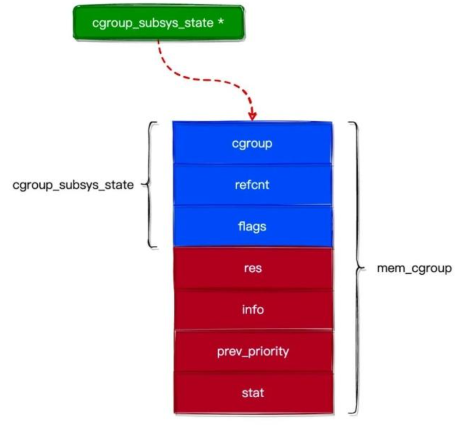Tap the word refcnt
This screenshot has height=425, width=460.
[253, 185]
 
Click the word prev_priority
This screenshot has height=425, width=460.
[253, 351]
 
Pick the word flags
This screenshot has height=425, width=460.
[253, 226]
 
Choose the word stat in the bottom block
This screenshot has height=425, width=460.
[253, 393]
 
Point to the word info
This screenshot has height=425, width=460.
[253, 310]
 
